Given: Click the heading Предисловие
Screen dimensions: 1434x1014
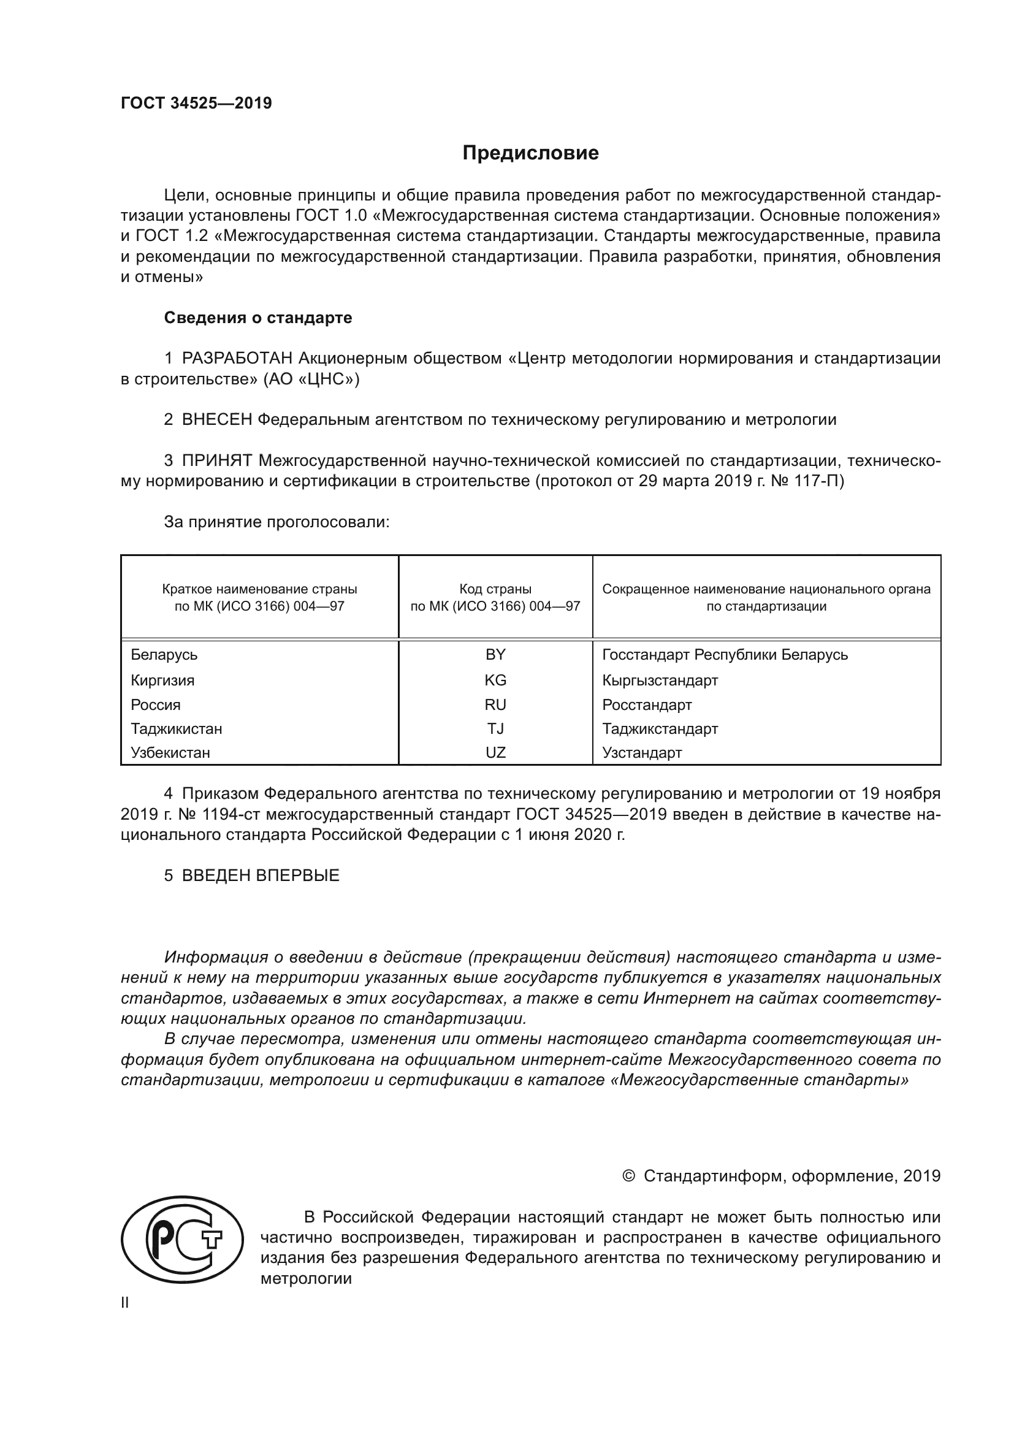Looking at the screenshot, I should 530,153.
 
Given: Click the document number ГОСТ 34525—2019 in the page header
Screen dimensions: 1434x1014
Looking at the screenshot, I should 196,103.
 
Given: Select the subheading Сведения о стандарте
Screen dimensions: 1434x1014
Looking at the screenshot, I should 258,318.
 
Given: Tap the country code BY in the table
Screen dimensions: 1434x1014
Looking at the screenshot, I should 495,655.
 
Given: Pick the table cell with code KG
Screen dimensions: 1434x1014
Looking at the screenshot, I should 495,680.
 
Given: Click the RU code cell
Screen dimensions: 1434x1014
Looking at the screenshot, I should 495,704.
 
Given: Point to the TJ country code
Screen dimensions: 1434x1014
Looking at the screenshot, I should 495,729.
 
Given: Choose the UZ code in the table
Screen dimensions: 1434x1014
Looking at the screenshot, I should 495,753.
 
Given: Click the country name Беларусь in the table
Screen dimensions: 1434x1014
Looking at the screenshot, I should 164,655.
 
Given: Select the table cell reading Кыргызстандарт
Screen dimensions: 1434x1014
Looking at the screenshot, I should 660,680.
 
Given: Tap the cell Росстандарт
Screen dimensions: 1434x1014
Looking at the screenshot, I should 647,704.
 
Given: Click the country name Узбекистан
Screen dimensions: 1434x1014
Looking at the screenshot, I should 170,753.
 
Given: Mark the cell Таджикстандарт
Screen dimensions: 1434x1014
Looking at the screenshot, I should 660,729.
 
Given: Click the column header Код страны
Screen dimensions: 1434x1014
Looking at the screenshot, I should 495,589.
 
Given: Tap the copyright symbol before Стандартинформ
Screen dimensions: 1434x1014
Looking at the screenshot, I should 628,1176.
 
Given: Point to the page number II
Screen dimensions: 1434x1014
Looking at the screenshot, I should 125,1303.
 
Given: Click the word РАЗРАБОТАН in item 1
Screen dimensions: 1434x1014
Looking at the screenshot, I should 237,359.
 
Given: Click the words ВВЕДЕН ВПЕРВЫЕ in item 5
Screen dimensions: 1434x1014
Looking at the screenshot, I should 261,875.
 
